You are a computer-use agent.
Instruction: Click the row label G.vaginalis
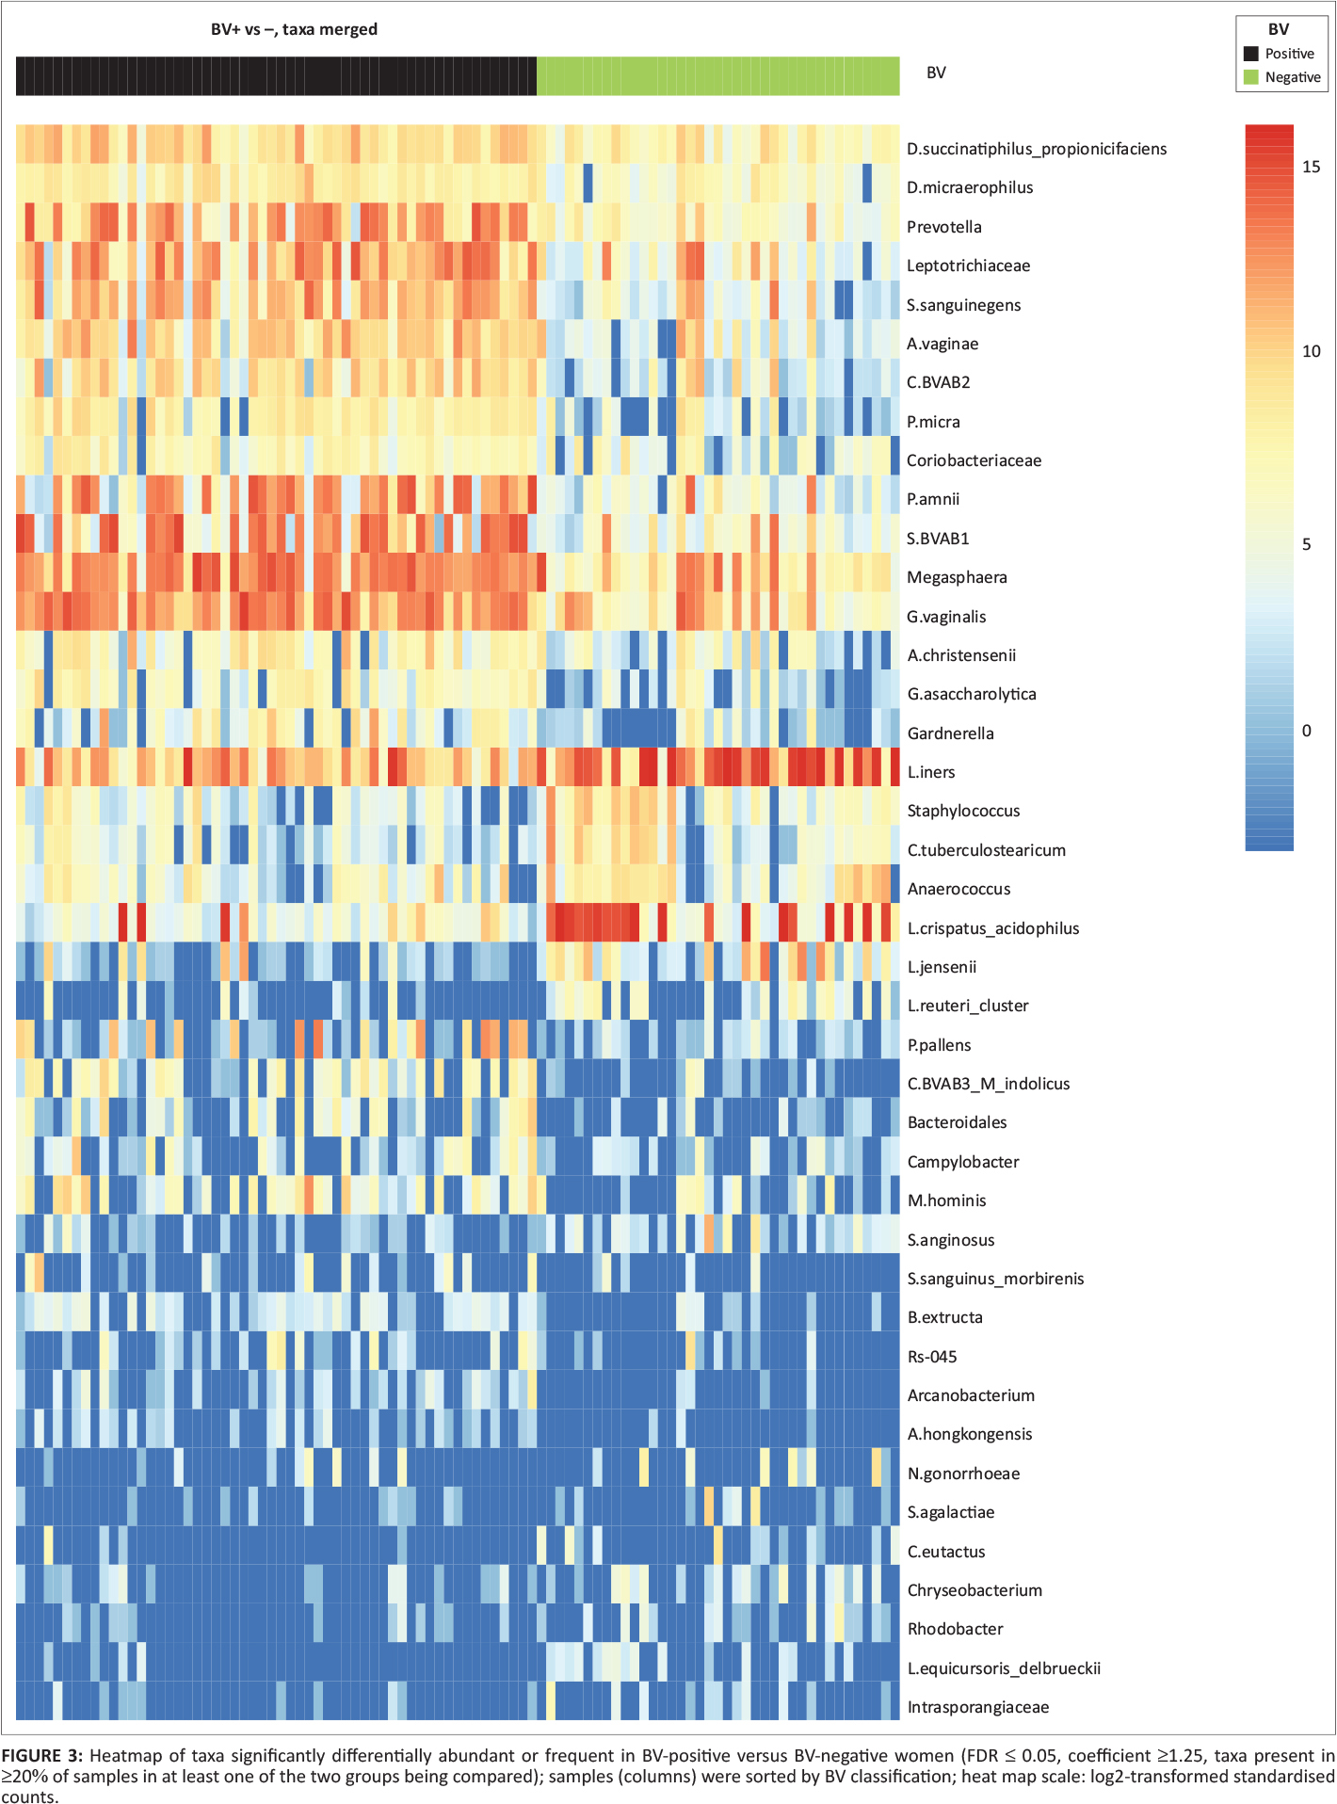[946, 617]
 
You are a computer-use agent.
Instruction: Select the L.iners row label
[930, 772]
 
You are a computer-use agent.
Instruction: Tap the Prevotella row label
[943, 227]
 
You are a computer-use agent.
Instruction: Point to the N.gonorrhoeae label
[963, 1474]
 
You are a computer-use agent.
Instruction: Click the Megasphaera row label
[957, 577]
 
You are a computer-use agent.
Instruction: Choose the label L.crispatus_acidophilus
[992, 928]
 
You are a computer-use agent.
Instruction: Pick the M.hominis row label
[946, 1200]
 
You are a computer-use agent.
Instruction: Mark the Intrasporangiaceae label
[977, 1707]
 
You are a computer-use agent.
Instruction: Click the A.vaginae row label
[942, 344]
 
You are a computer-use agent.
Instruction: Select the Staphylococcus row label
[963, 811]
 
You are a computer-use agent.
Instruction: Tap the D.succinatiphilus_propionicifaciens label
[1036, 149]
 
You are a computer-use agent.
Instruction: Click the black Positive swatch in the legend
[1251, 54]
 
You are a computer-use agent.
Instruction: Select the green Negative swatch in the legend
[1251, 77]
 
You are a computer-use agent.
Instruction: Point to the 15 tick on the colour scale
[1311, 167]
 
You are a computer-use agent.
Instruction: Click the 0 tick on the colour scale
[1306, 731]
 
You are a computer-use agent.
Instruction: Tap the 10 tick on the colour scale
[1311, 351]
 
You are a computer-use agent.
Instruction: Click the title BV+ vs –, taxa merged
[294, 29]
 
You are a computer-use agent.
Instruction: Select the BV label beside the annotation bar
[936, 72]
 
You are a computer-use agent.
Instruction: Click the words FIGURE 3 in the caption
[42, 1756]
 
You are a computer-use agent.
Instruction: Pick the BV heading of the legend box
[1279, 29]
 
